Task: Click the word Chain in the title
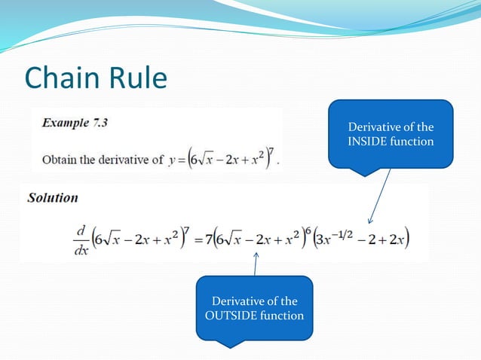[60, 78]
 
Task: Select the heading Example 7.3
[74, 122]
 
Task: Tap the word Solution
[52, 198]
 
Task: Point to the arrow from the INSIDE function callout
[379, 197]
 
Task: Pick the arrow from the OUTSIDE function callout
[256, 264]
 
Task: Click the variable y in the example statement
[171, 160]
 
